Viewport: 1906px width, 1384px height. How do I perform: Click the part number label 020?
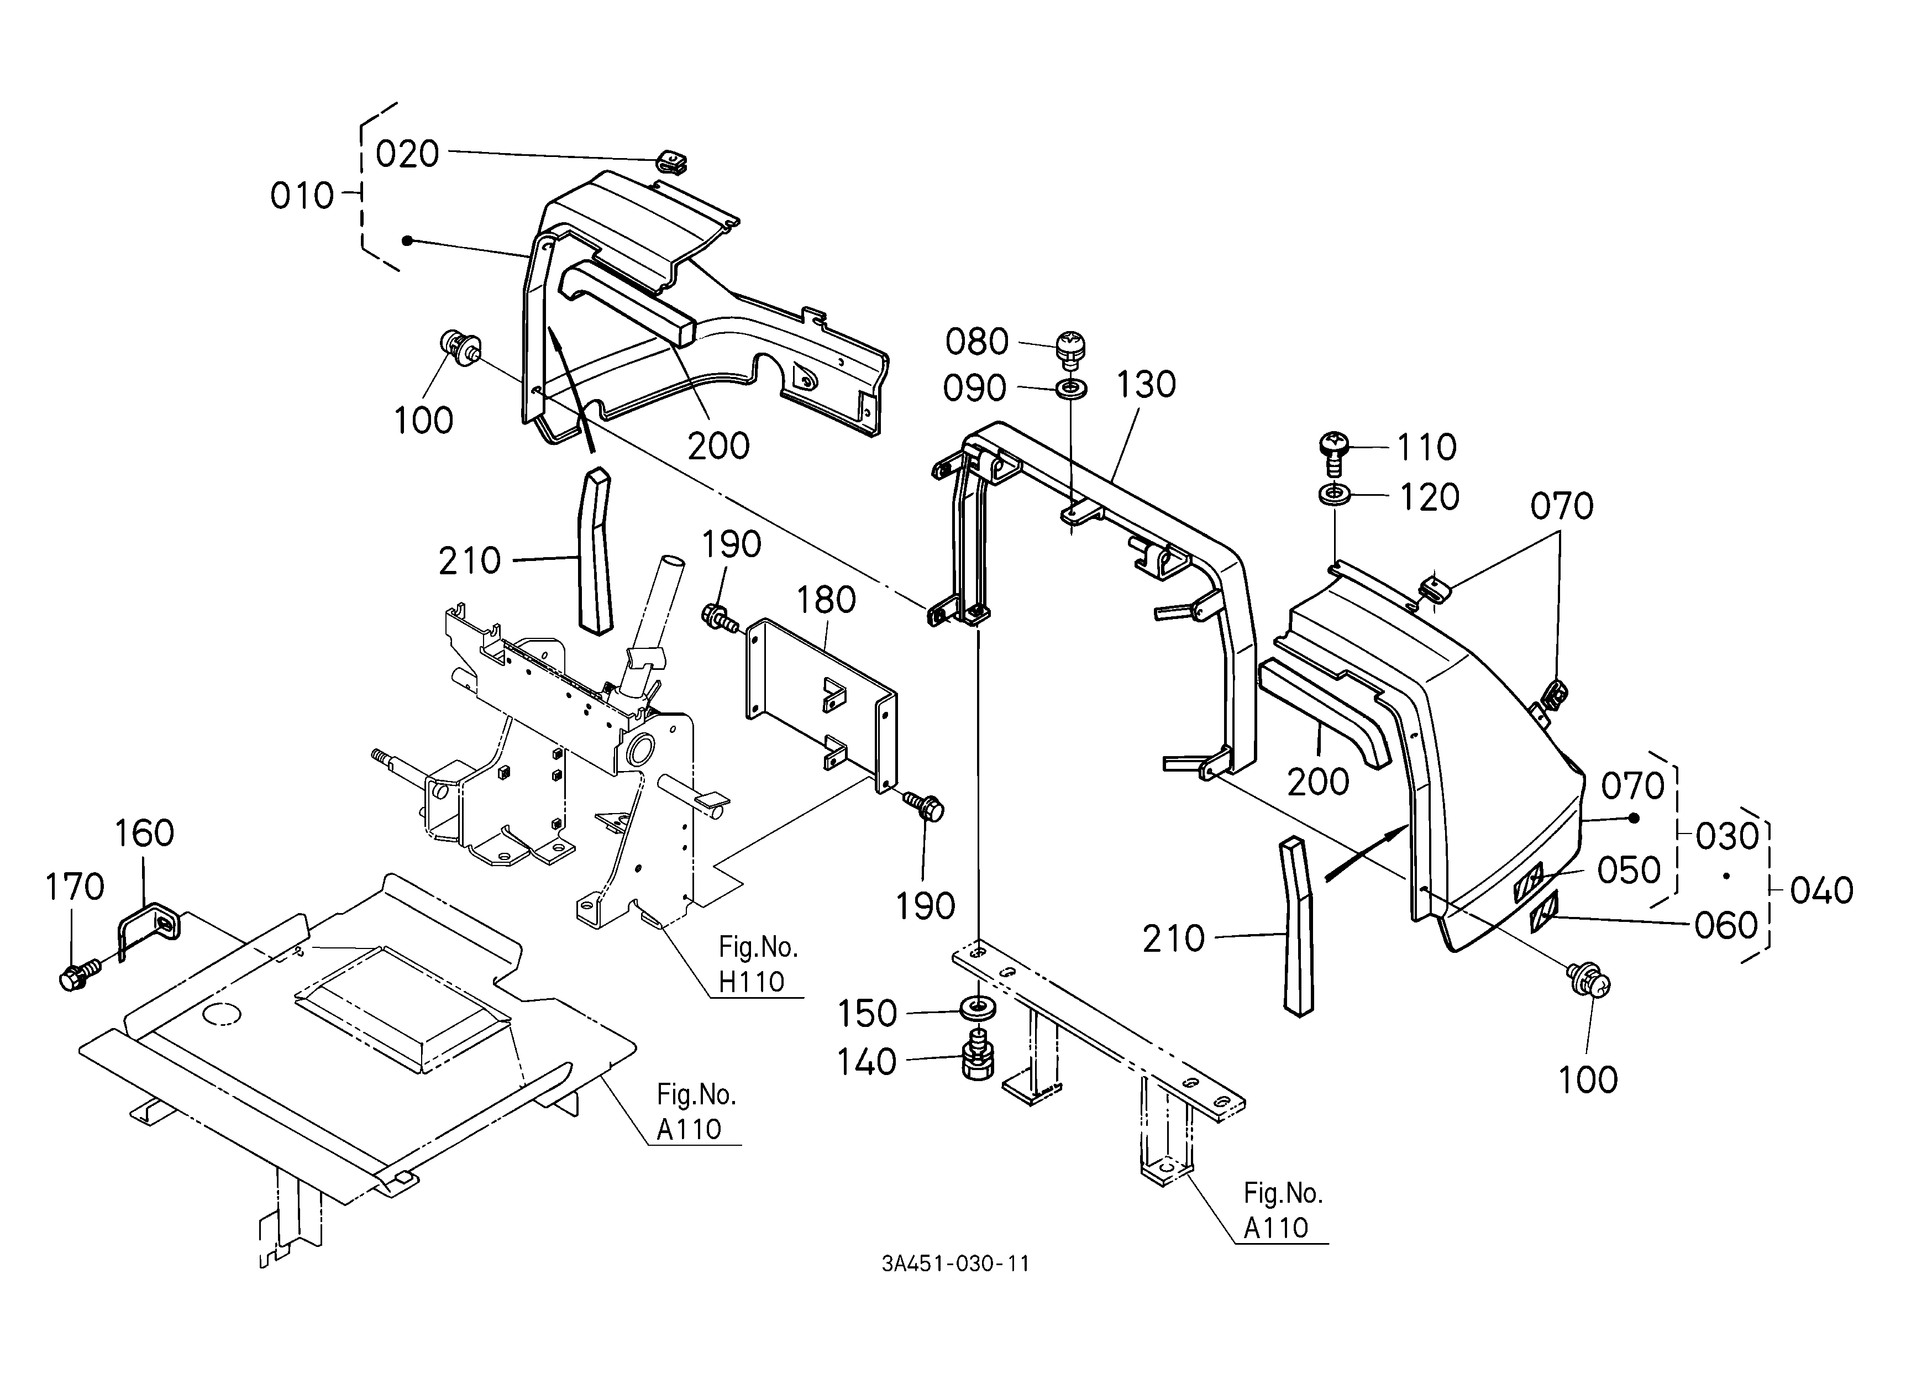pyautogui.click(x=408, y=155)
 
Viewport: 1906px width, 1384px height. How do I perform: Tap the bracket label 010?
pyautogui.click(x=302, y=197)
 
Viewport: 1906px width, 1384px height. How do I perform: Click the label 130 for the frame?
pyautogui.click(x=1146, y=385)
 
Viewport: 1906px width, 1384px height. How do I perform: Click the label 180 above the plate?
pyautogui.click(x=825, y=600)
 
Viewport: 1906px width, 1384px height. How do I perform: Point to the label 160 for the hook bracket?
pyautogui.click(x=144, y=833)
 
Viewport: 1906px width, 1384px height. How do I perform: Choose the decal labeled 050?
pyautogui.click(x=1529, y=883)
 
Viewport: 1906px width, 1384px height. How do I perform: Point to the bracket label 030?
pyautogui.click(x=1727, y=837)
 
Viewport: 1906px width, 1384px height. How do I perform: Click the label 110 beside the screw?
pyautogui.click(x=1426, y=448)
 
